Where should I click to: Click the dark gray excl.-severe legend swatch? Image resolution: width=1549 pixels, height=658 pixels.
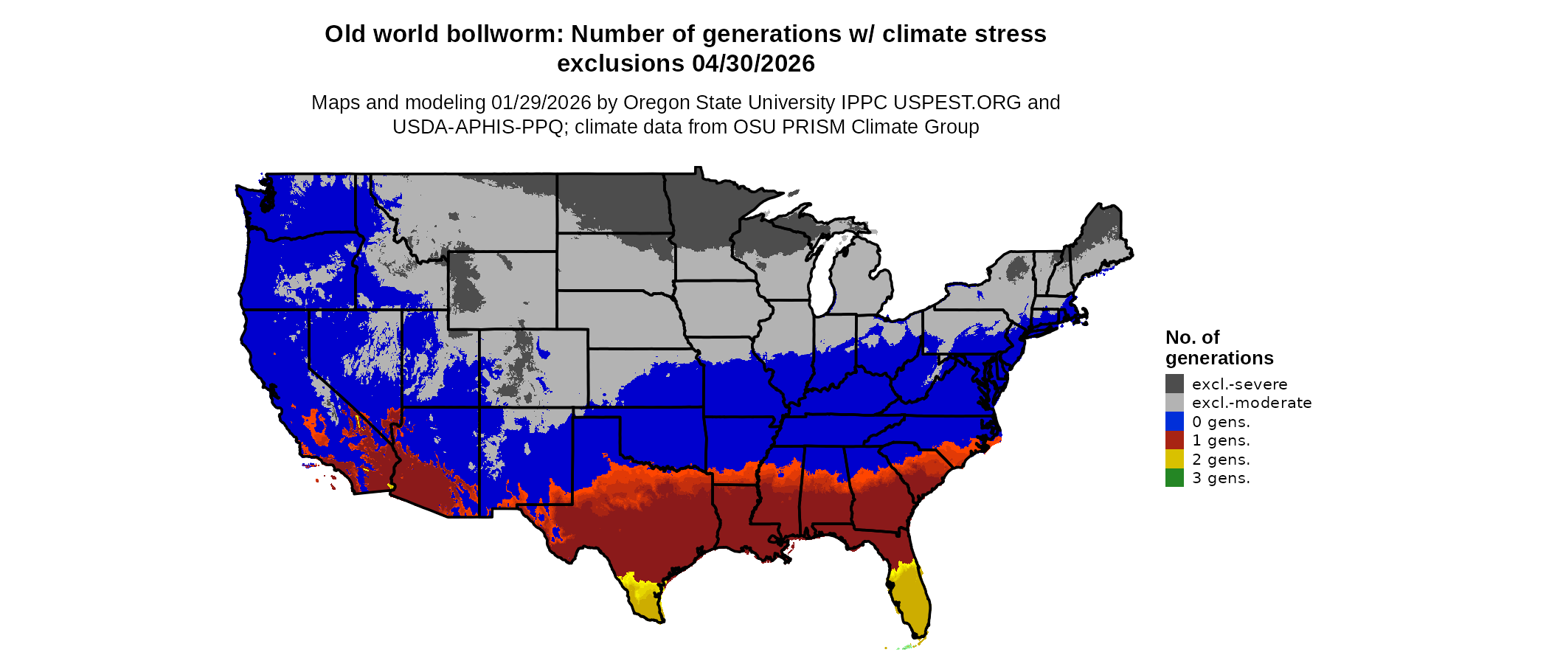coord(1174,384)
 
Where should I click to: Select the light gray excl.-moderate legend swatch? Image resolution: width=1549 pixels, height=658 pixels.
coord(1174,403)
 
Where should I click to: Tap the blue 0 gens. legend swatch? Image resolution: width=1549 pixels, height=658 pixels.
coord(1174,421)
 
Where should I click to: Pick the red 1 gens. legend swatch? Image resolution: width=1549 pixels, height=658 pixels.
coord(1174,440)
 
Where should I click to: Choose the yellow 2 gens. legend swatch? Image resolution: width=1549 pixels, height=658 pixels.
coord(1174,459)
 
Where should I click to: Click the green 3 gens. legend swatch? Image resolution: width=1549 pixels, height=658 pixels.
coord(1174,478)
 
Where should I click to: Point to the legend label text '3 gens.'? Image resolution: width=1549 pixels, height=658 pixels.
coord(1221,478)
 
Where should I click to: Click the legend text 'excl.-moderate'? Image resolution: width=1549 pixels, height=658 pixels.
coord(1252,403)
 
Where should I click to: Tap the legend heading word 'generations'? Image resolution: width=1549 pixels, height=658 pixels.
coord(1219,358)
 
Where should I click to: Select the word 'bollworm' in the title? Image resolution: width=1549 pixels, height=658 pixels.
coord(509,35)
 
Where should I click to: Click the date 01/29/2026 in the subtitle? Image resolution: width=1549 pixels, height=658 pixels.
coord(541,103)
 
